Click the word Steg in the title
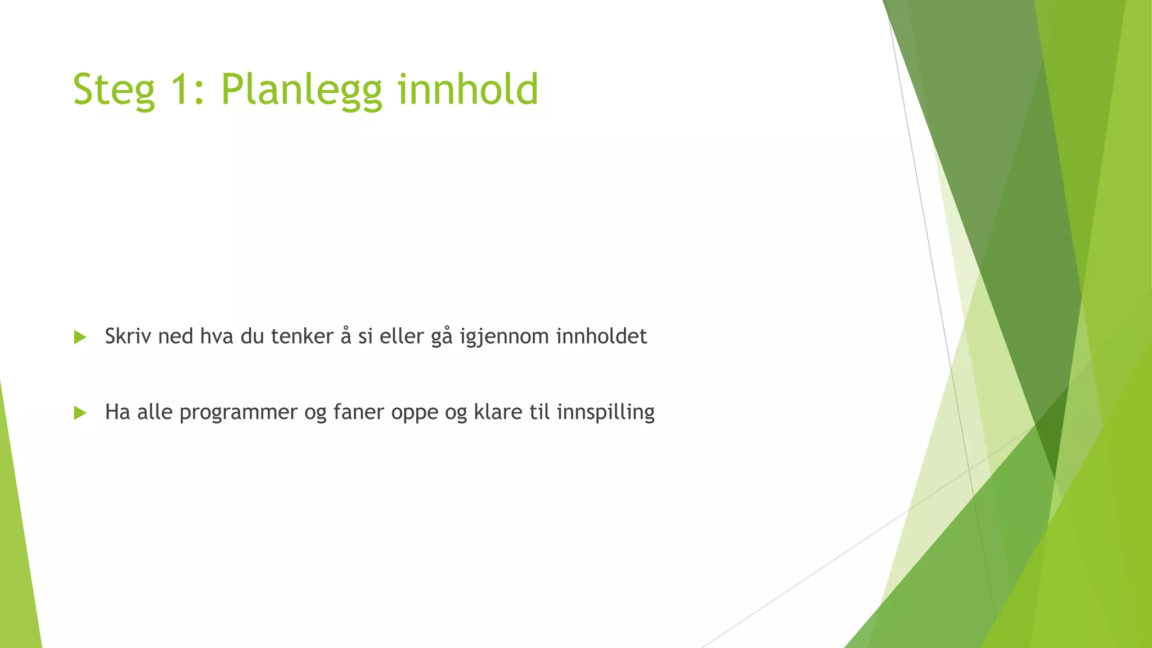[x=114, y=90]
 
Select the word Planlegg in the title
[x=301, y=90]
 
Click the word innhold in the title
[x=468, y=89]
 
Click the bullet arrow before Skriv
[x=80, y=337]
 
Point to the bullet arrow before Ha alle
[x=80, y=413]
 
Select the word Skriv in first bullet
[x=128, y=336]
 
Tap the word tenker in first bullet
[x=302, y=336]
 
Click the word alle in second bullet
[x=155, y=412]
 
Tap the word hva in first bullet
[x=217, y=336]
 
